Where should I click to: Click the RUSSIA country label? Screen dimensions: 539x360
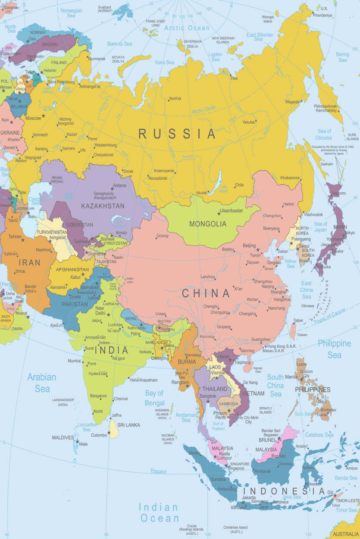click(177, 134)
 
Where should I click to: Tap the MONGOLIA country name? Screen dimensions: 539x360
click(207, 224)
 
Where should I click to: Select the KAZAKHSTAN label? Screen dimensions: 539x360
click(103, 206)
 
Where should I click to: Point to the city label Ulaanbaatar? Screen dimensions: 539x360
click(231, 211)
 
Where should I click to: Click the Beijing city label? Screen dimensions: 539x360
click(249, 246)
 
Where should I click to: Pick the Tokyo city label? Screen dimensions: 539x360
click(350, 233)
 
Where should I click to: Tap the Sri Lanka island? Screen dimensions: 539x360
click(113, 429)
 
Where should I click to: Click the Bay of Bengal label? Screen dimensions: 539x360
click(154, 398)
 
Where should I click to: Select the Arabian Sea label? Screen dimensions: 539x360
click(42, 383)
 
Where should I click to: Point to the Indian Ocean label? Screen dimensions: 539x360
click(159, 513)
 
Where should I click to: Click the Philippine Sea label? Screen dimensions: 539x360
click(334, 349)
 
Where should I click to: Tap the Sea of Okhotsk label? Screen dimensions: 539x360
click(324, 134)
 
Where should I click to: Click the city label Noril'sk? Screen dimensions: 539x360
click(175, 99)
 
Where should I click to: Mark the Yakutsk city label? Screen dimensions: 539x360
click(249, 122)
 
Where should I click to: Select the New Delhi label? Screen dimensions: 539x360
click(100, 311)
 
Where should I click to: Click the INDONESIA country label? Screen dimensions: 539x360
click(284, 491)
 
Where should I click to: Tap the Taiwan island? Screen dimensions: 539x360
click(293, 330)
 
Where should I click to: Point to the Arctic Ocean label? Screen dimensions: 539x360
click(187, 28)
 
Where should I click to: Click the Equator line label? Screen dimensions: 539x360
click(159, 471)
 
